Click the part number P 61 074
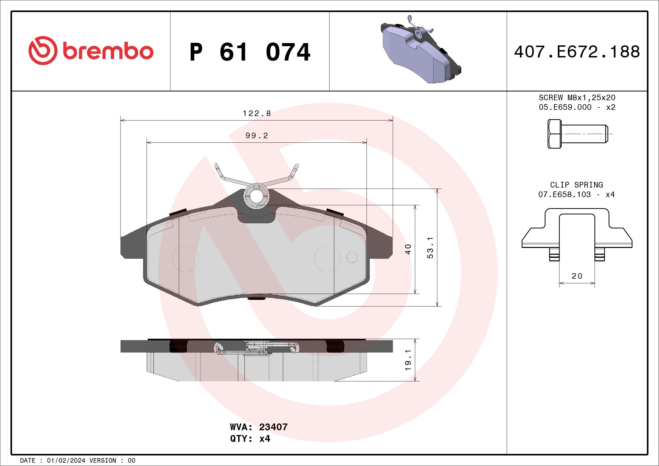(x=250, y=52)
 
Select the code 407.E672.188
(x=577, y=52)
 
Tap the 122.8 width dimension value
(x=257, y=113)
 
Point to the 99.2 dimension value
(x=257, y=135)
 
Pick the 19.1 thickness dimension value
(x=408, y=360)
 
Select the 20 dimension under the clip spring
(x=577, y=276)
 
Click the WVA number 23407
(x=273, y=427)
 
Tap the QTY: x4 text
(x=250, y=439)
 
